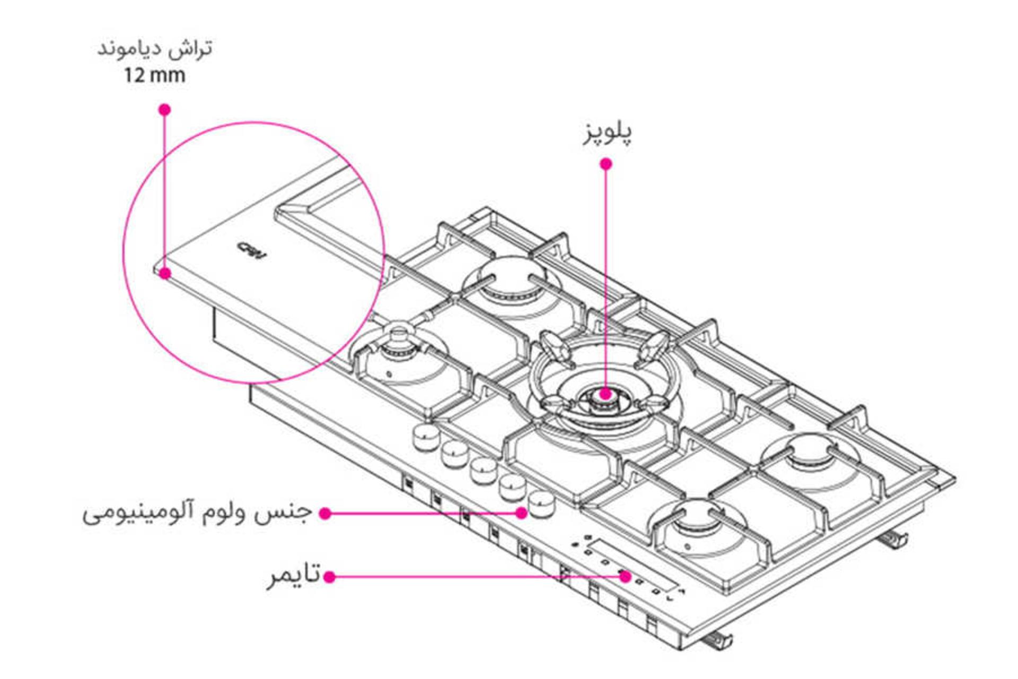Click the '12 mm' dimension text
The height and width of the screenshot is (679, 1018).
coord(154,75)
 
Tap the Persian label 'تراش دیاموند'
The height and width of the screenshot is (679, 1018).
coord(154,49)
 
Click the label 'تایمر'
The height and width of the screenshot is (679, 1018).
coord(294,575)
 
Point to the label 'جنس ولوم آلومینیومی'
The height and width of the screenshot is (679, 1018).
coord(197,513)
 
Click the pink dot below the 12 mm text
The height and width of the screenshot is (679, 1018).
coord(165,109)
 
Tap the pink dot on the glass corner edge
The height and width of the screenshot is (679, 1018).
coord(165,273)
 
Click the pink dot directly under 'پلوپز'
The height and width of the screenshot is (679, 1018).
coord(606,164)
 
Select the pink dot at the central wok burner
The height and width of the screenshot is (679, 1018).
coord(605,394)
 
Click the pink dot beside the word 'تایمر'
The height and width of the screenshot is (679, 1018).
coord(329,577)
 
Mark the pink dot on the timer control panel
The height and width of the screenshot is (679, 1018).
coord(626,576)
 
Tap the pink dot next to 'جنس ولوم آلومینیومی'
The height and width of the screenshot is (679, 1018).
coord(326,513)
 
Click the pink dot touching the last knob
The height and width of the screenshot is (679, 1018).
coord(522,512)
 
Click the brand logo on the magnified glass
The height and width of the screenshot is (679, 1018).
coord(251,250)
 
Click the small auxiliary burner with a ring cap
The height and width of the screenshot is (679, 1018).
coord(398,342)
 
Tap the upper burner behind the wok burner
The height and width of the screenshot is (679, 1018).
coord(511,282)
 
